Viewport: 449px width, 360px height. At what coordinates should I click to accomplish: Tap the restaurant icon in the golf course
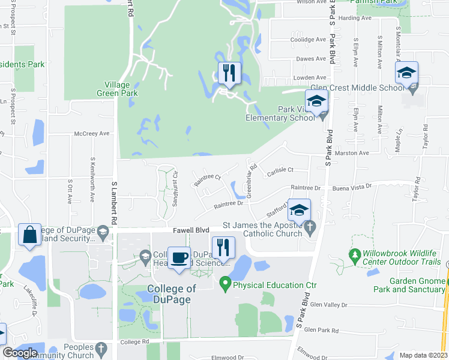point(229,74)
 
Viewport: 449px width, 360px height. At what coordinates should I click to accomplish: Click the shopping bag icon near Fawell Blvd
point(29,236)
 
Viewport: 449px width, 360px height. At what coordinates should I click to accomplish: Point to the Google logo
point(20,353)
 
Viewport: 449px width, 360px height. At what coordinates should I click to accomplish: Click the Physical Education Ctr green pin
point(226,281)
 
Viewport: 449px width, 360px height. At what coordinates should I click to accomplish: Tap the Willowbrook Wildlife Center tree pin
point(355,256)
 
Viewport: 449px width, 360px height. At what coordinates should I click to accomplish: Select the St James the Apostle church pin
point(310,227)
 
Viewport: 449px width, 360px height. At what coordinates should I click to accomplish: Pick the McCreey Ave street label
point(92,133)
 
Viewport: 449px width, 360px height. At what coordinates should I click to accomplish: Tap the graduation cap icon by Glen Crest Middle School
point(406,73)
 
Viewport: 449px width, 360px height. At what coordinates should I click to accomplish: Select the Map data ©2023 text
point(423,355)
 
